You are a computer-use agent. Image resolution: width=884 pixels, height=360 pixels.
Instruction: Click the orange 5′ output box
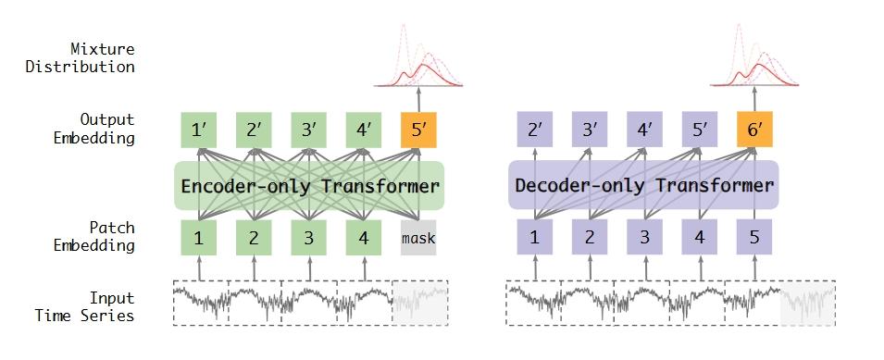[x=418, y=130]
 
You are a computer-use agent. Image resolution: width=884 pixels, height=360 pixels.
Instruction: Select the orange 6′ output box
[x=754, y=130]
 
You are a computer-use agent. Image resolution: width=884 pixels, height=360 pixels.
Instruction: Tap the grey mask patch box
[x=418, y=238]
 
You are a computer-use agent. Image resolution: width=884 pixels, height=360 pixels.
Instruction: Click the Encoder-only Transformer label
[x=309, y=186]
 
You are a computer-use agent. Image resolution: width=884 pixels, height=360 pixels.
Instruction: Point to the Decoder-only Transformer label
[x=644, y=185]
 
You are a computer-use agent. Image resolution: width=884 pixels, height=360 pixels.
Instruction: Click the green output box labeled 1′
[x=198, y=130]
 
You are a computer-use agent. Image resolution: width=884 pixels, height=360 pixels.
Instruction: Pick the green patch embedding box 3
[x=308, y=238]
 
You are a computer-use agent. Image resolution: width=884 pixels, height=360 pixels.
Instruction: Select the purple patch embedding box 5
[x=754, y=238]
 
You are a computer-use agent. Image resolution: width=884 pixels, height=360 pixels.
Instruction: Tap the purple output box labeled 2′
[x=534, y=130]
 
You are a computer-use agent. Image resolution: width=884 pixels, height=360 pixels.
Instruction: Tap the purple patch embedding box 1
[x=534, y=238]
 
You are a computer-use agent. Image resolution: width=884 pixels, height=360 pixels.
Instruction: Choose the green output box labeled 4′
[x=364, y=130]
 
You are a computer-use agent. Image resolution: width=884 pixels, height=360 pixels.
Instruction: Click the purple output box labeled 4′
[x=644, y=130]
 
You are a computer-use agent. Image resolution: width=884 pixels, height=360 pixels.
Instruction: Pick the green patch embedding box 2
[x=254, y=238]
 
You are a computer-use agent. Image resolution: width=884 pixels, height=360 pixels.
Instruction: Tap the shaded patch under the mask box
[x=420, y=302]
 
